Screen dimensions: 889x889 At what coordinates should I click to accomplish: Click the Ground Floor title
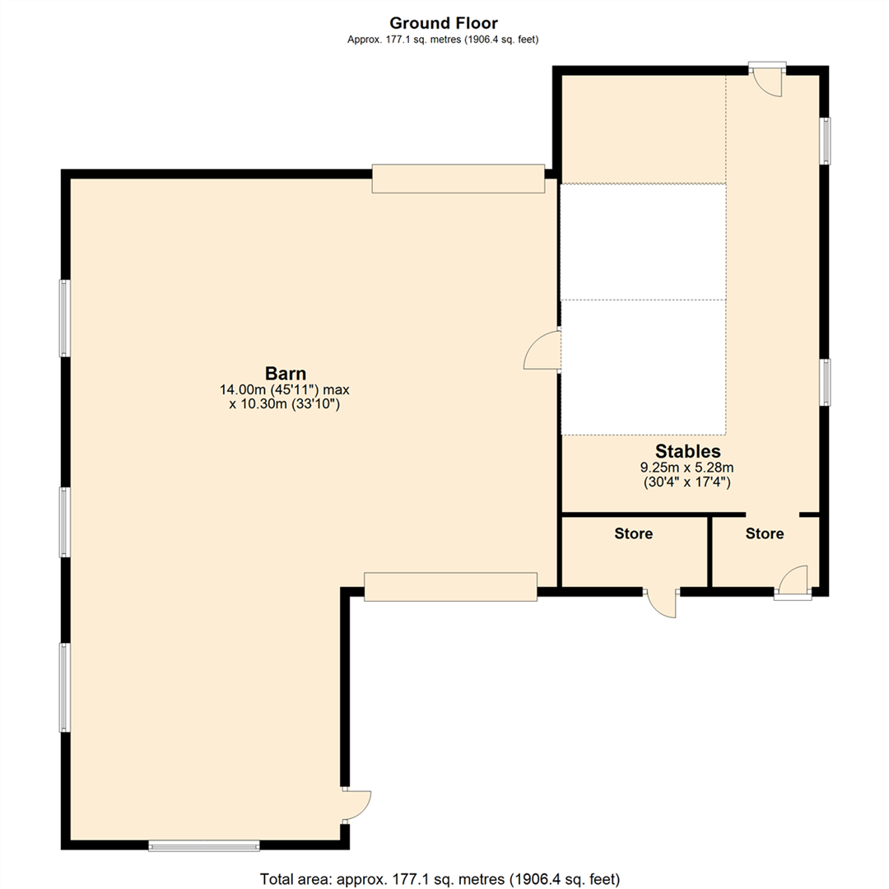(443, 23)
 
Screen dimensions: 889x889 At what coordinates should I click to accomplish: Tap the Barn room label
(285, 372)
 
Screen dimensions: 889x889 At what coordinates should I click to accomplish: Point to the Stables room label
(687, 451)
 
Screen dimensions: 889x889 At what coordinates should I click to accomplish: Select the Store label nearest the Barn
(633, 533)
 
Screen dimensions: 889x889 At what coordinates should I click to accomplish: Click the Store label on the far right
(764, 533)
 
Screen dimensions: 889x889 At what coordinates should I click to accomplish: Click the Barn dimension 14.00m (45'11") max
(285, 389)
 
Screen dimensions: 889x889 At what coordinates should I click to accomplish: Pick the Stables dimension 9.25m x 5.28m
(687, 468)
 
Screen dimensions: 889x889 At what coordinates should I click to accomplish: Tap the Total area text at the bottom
(440, 877)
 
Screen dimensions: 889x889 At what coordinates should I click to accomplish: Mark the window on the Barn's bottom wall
(204, 845)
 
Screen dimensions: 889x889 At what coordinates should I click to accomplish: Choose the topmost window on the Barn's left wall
(64, 318)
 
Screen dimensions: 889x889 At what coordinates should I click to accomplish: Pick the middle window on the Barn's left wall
(64, 522)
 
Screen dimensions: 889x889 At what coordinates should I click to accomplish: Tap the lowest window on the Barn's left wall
(64, 687)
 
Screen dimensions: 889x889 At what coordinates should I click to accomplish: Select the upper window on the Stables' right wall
(825, 141)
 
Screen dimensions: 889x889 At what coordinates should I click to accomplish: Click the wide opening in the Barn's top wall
(458, 179)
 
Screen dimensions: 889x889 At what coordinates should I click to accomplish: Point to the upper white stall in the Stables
(642, 241)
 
